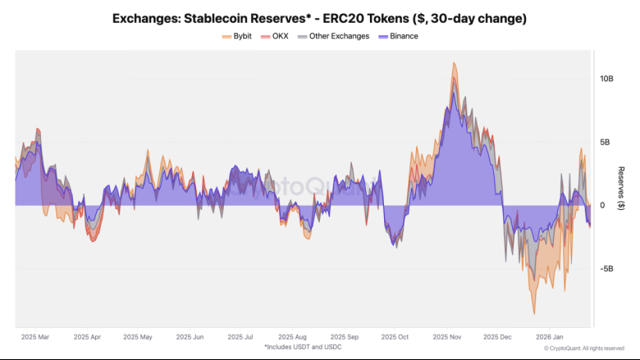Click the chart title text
click(320, 17)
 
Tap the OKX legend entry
click(279, 36)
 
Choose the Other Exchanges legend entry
click(338, 36)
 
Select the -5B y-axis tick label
click(608, 269)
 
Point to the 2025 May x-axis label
click(137, 337)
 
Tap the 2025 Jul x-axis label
click(241, 337)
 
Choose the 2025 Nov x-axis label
click(447, 337)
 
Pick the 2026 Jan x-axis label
click(549, 337)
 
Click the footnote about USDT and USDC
click(303, 348)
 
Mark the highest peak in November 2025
click(454, 62)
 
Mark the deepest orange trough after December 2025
click(535, 314)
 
